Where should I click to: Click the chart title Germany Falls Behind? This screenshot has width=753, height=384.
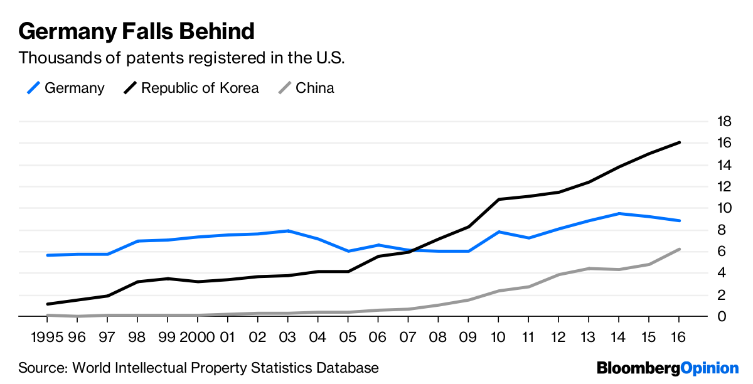coord(136,31)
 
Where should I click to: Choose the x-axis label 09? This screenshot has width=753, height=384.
coord(467,337)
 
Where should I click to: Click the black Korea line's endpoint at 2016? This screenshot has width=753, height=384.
coord(680,142)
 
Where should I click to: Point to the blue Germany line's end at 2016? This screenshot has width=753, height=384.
coord(680,221)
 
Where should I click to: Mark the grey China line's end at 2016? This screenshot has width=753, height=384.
coord(680,249)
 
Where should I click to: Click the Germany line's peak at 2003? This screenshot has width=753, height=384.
coord(287,231)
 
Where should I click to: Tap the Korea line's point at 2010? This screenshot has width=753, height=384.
coord(498,200)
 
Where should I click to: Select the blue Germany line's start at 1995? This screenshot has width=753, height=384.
coord(48,255)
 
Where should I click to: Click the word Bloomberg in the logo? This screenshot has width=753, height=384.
coord(638,368)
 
